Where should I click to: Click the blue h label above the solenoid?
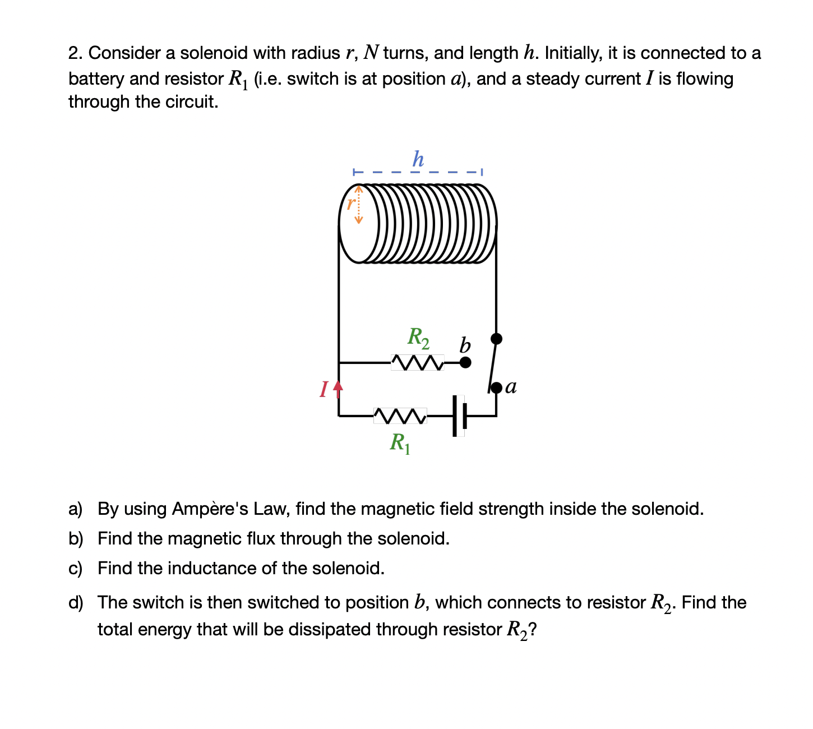point(418,159)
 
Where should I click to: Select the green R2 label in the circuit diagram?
point(418,337)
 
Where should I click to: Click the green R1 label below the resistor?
point(400,443)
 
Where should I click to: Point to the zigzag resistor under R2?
point(418,362)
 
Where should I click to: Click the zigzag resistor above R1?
point(400,416)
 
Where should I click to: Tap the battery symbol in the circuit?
point(459,416)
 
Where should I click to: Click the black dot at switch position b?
point(465,362)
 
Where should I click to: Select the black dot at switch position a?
point(496,387)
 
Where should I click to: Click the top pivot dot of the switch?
point(496,338)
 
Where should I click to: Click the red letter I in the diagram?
point(324,389)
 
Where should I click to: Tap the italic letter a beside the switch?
point(511,387)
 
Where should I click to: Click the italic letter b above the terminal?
point(465,345)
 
